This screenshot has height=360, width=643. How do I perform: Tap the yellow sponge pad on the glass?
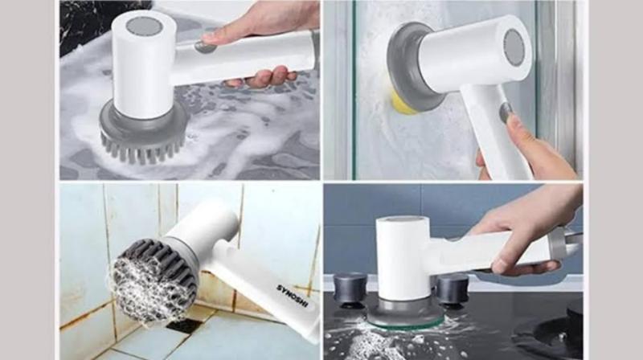point(399,104)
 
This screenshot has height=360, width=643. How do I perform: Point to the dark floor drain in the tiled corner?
point(184,325)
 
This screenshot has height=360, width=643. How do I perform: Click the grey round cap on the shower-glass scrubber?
point(514,47)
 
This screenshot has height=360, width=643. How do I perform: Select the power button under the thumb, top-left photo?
point(205,47)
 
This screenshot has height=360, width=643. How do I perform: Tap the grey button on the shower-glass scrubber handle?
point(506,112)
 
